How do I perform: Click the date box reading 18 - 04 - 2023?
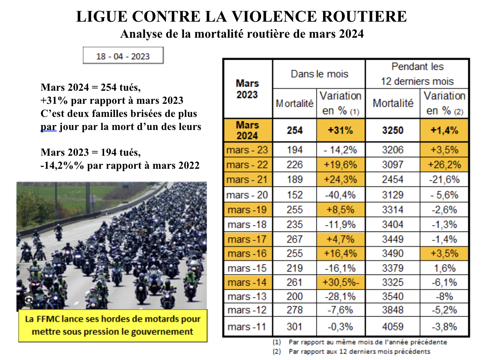[123, 56]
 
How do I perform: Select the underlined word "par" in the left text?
[48, 127]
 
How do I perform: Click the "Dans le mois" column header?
[319, 74]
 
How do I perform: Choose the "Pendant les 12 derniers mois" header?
[417, 74]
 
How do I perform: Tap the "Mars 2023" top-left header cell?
[247, 89]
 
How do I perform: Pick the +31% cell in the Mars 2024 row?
[340, 130]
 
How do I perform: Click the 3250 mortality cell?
[392, 130]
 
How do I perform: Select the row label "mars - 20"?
[247, 195]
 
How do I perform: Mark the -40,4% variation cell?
[340, 195]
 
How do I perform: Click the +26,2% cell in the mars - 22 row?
[444, 165]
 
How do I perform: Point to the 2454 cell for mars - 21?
[392, 180]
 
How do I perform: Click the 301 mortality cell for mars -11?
[294, 327]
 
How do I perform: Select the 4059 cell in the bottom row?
[392, 327]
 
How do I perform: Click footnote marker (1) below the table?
[276, 342]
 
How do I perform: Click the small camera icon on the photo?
[28, 300]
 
